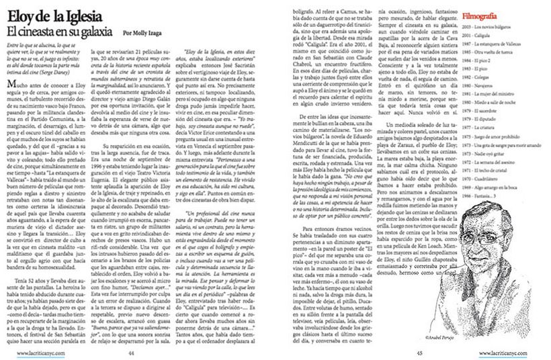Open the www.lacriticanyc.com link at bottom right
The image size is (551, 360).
(x=515, y=351)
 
